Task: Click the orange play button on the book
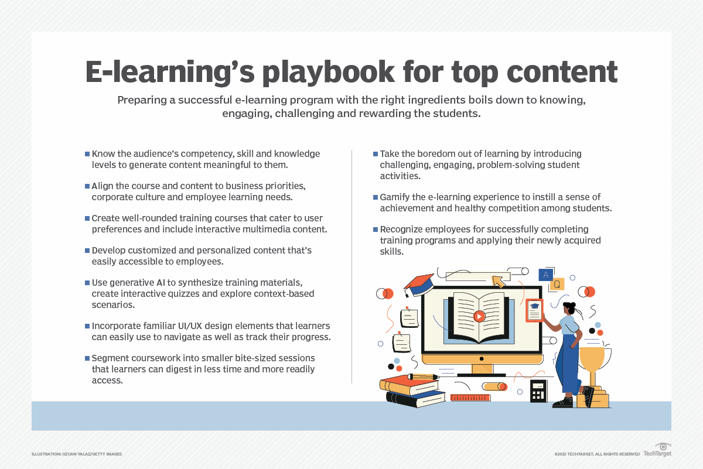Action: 479,316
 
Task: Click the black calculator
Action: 538,391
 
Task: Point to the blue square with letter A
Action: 546,274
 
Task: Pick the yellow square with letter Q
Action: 557,285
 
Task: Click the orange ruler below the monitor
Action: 470,398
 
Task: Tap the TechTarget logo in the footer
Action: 657,452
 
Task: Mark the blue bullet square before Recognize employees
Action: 376,229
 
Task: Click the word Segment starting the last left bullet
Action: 110,358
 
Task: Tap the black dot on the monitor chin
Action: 482,358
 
